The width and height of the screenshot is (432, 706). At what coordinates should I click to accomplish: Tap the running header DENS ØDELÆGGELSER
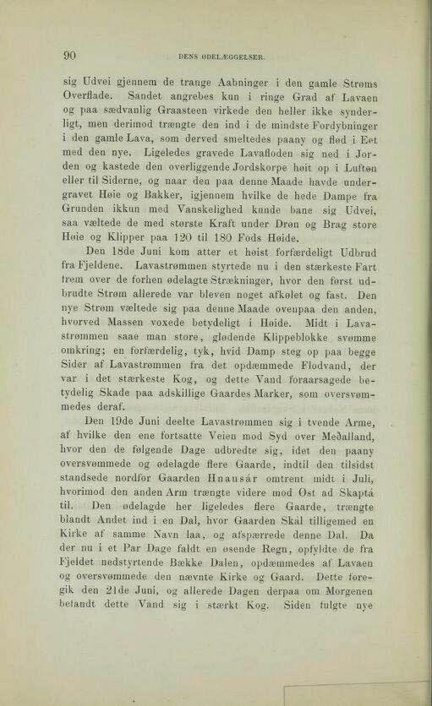[x=223, y=58]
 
